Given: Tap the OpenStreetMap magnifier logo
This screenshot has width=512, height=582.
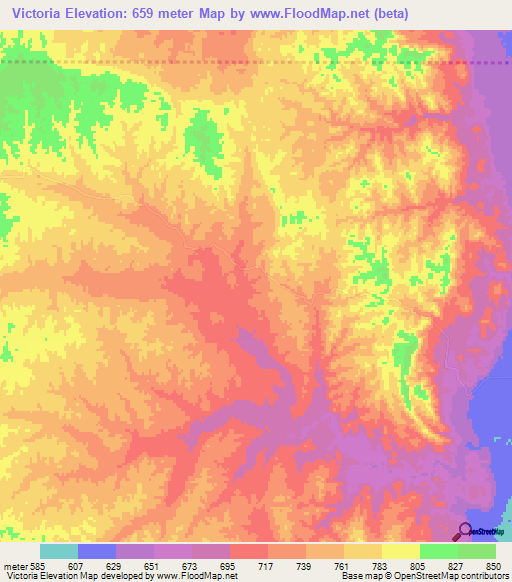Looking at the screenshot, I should click(x=465, y=530).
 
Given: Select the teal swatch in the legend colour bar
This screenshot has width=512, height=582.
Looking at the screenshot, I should click(x=58, y=551).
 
